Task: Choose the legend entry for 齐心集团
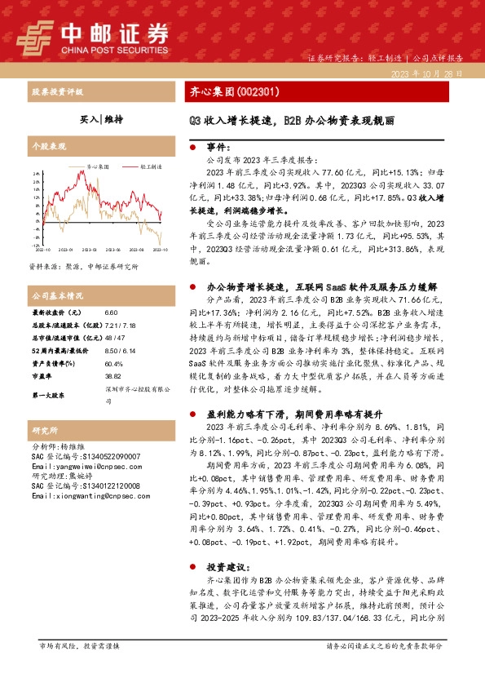(91, 166)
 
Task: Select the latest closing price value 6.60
(112, 313)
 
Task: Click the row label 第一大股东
(49, 395)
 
